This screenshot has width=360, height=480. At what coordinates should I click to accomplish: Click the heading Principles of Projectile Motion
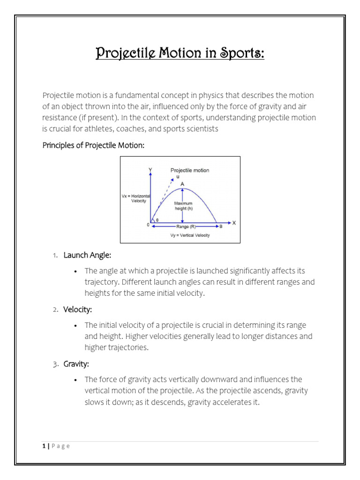(93, 145)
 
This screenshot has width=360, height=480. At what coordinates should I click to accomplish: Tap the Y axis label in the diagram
(150, 169)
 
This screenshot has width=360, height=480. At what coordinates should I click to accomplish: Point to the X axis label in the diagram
(234, 223)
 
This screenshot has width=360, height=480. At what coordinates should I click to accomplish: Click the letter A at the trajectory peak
(182, 184)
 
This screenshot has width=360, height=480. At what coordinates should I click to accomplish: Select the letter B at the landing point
(221, 226)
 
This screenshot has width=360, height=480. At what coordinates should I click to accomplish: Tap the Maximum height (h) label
(183, 206)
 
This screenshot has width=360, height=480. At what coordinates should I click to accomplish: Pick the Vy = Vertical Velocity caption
(190, 235)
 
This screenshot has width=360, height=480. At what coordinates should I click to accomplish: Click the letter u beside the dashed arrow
(178, 177)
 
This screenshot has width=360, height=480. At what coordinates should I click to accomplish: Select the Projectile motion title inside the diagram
(190, 170)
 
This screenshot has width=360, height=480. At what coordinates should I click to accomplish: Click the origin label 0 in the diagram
(148, 225)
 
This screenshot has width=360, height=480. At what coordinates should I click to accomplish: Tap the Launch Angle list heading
(87, 255)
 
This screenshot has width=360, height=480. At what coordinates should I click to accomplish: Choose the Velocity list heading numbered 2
(78, 309)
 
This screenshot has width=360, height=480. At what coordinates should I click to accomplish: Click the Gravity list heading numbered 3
(76, 364)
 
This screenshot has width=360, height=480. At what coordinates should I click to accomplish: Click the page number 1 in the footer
(43, 446)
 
